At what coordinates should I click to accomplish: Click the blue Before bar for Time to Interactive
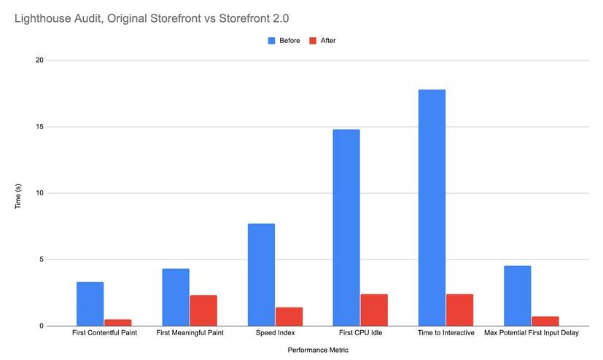[432, 208]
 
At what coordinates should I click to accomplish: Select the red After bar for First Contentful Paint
[118, 322]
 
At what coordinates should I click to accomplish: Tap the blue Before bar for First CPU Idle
[346, 227]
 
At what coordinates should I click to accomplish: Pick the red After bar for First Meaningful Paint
[203, 310]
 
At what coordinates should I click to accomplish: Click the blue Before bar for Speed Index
[261, 275]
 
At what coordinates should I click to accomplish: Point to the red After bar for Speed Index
[289, 316]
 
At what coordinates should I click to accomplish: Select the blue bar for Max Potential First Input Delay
[517, 296]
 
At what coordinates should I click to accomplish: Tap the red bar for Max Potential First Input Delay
[545, 321]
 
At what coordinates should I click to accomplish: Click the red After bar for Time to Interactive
[459, 310]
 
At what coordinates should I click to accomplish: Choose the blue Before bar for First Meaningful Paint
[176, 297]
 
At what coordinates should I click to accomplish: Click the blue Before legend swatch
[273, 41]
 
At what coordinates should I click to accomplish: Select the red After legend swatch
[314, 41]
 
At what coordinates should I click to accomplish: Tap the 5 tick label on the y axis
[41, 259]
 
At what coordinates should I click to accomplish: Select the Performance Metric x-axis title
[318, 350]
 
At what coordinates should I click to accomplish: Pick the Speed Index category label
[275, 333]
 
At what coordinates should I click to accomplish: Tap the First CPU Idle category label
[360, 333]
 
